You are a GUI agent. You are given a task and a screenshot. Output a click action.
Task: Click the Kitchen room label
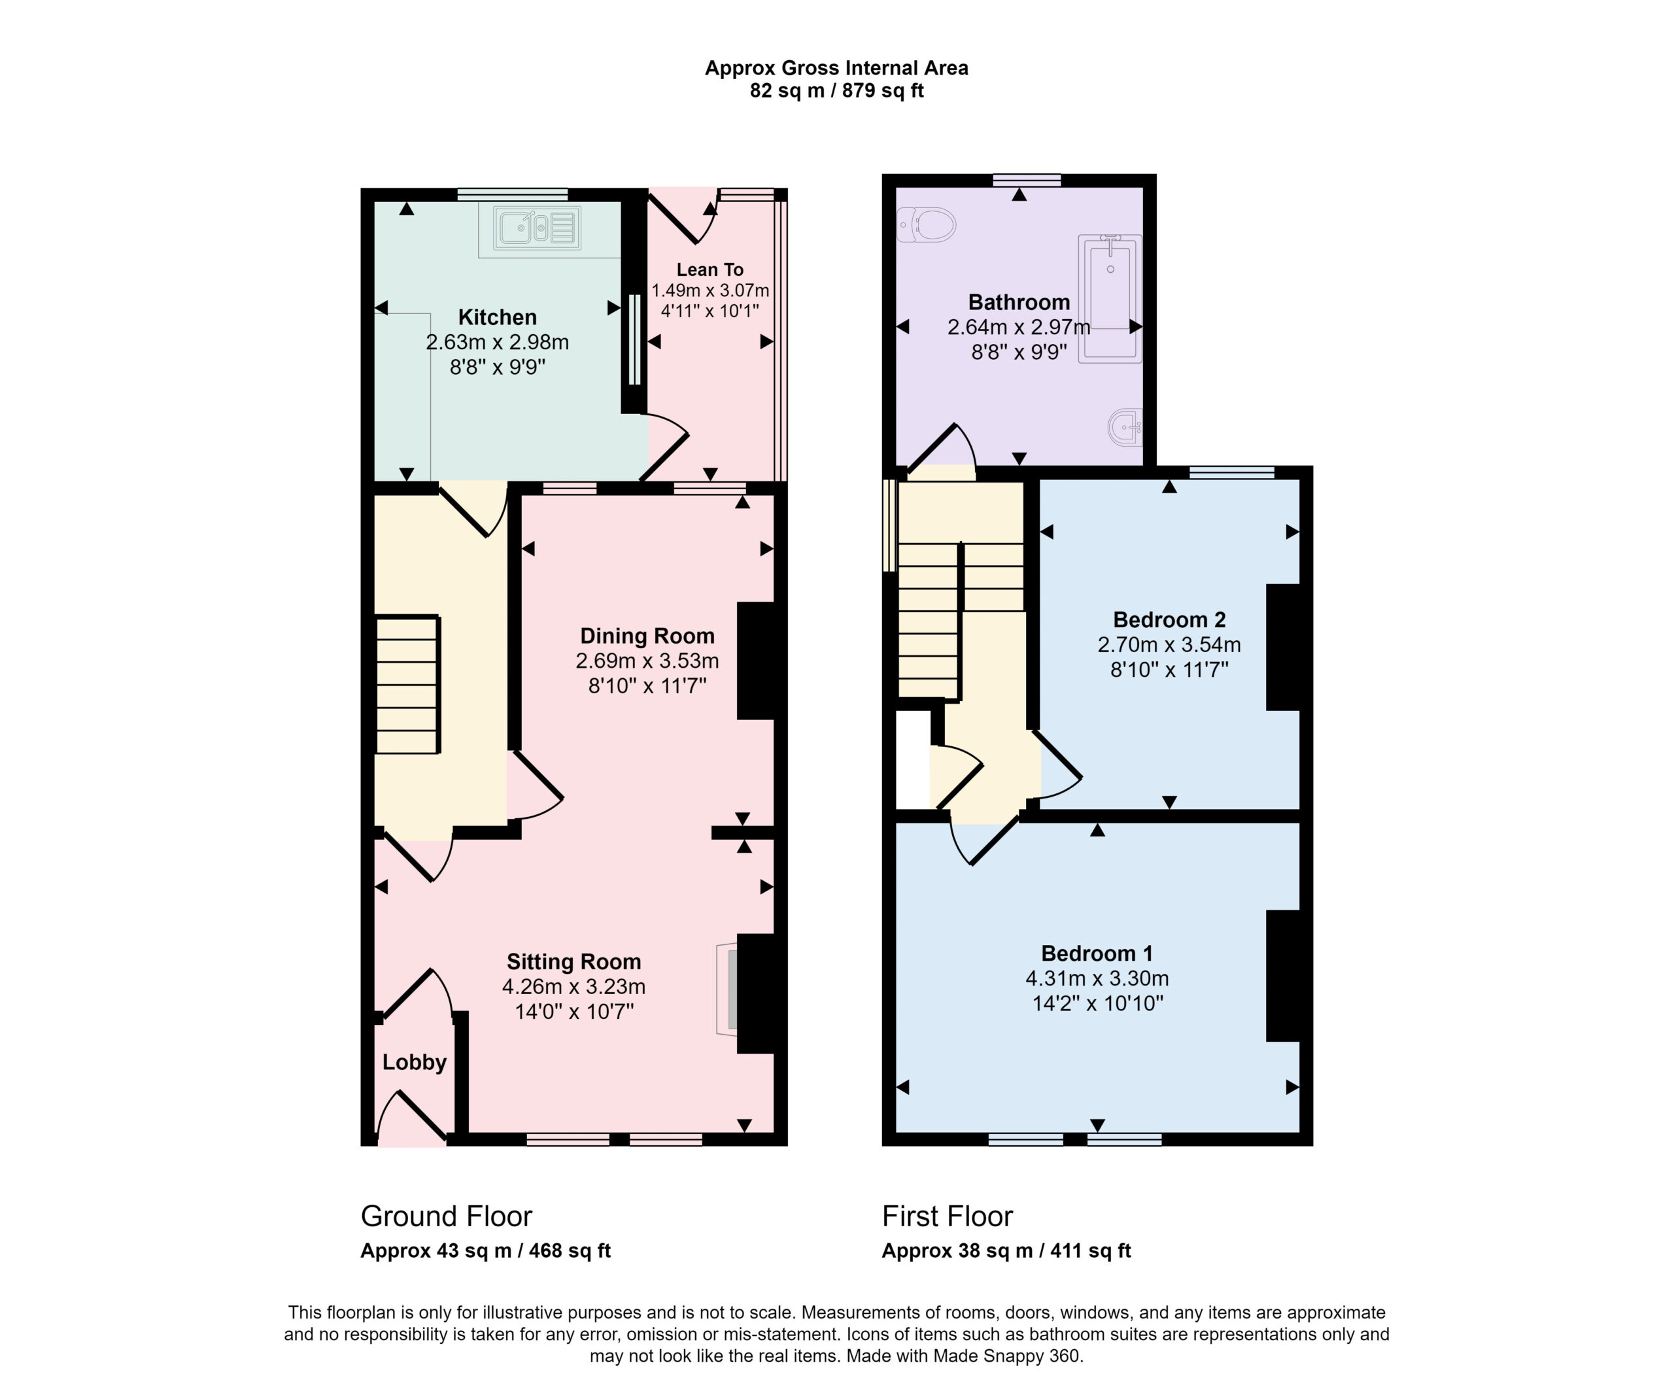(498, 317)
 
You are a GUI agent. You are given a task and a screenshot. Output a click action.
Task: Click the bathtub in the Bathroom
(1110, 299)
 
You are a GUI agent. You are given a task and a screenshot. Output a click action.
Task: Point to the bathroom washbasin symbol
(1125, 427)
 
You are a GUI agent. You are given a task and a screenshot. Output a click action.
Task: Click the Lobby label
(415, 1062)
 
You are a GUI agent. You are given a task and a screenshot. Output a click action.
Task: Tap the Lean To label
(710, 269)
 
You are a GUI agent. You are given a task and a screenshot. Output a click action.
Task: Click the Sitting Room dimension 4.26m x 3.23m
(574, 986)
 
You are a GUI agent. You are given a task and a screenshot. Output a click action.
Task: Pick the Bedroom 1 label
(1097, 953)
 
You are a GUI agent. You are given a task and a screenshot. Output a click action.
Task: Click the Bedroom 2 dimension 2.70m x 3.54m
(1169, 644)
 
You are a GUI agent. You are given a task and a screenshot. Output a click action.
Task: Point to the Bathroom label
(1019, 302)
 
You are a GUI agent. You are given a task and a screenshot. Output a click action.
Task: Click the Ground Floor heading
(447, 1216)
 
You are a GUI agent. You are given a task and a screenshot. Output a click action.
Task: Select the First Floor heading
(947, 1216)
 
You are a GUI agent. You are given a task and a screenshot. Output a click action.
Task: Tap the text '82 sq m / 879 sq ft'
(837, 91)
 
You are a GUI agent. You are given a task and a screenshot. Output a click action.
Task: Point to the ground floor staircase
(407, 685)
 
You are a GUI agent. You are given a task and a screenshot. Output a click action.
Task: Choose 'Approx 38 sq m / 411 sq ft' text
(1006, 1250)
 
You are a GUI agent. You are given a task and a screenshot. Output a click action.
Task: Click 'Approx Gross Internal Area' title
(837, 69)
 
